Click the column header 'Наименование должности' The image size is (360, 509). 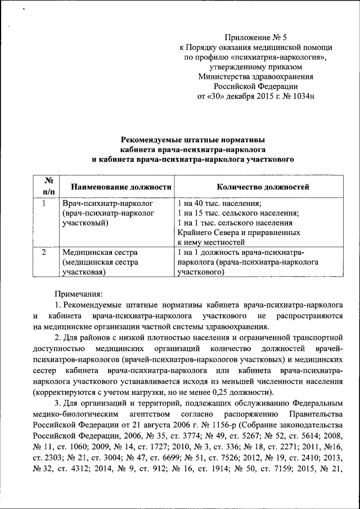[x=116, y=187]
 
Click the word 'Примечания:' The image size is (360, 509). [x=79, y=294]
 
